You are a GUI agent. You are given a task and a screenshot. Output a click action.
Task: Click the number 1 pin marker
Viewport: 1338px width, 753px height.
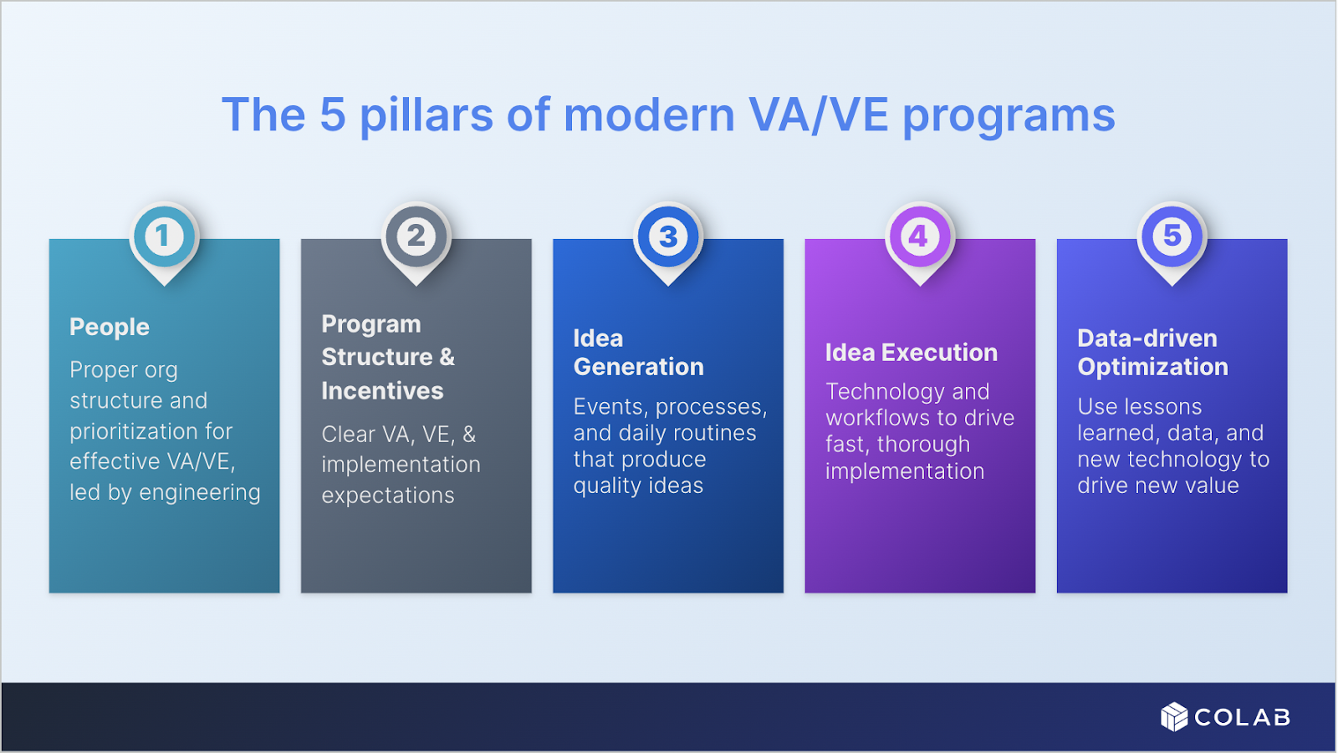(164, 237)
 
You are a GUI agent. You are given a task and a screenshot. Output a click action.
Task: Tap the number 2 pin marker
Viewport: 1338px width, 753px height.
(416, 237)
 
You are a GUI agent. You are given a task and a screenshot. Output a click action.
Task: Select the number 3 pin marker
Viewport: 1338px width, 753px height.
(668, 237)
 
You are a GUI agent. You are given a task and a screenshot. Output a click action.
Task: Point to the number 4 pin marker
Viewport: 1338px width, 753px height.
(919, 237)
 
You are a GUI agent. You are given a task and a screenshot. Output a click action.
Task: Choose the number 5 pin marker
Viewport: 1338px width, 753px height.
(1172, 237)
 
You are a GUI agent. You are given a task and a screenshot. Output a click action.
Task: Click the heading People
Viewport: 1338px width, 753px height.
(110, 327)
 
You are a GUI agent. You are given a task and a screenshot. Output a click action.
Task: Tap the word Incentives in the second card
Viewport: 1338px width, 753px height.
(382, 391)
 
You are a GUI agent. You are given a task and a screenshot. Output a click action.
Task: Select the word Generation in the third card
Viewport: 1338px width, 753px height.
(638, 367)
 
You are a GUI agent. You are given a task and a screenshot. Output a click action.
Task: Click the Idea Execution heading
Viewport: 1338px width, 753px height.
(911, 353)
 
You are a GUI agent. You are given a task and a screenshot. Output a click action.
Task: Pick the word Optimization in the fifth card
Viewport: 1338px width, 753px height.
(1152, 367)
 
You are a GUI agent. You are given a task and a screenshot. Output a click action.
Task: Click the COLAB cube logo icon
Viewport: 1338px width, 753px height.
(1174, 717)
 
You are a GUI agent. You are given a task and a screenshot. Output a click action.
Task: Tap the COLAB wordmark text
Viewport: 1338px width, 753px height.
(1242, 718)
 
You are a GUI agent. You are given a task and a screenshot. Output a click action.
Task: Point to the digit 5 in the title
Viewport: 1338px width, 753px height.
(333, 115)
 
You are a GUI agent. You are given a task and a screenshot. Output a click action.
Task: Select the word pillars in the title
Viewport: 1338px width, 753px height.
(426, 115)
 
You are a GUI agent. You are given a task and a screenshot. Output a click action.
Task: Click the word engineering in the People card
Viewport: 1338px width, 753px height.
(200, 493)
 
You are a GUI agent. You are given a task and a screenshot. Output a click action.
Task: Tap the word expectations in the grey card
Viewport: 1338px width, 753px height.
(388, 496)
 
